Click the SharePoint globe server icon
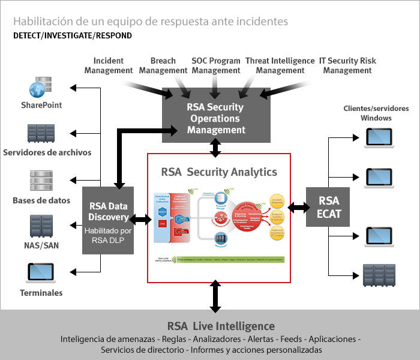pos(41,88)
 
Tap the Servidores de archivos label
pos(47,152)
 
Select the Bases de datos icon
pos(41,181)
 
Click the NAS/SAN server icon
pos(41,226)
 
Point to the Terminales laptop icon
pos(41,273)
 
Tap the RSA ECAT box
pos(328,206)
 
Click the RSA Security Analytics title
pos(219,172)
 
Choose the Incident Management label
pos(109,65)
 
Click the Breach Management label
pos(163,65)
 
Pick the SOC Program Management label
pos(216,65)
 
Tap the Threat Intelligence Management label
pos(280,65)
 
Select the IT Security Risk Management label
pos(347,65)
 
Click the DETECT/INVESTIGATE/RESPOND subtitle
pos(73,35)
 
